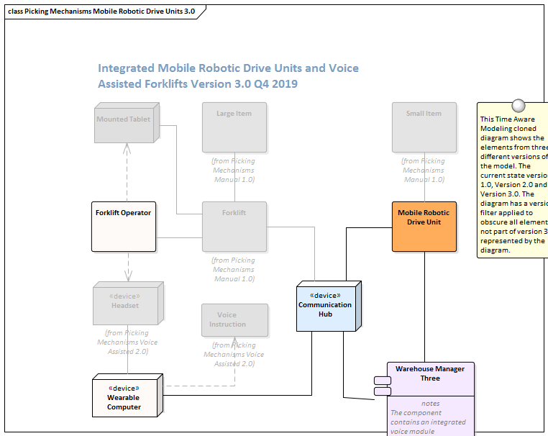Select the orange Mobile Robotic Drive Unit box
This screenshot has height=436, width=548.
pos(424,226)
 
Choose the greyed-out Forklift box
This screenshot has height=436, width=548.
pos(234,226)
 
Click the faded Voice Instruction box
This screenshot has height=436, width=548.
pos(234,319)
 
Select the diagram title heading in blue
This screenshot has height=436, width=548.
pos(228,76)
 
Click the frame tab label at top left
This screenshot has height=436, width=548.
pos(101,12)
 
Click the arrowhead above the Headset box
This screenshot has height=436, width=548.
pos(127,276)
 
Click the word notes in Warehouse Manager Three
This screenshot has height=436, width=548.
pos(430,404)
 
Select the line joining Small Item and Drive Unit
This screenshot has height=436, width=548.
pos(424,191)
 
